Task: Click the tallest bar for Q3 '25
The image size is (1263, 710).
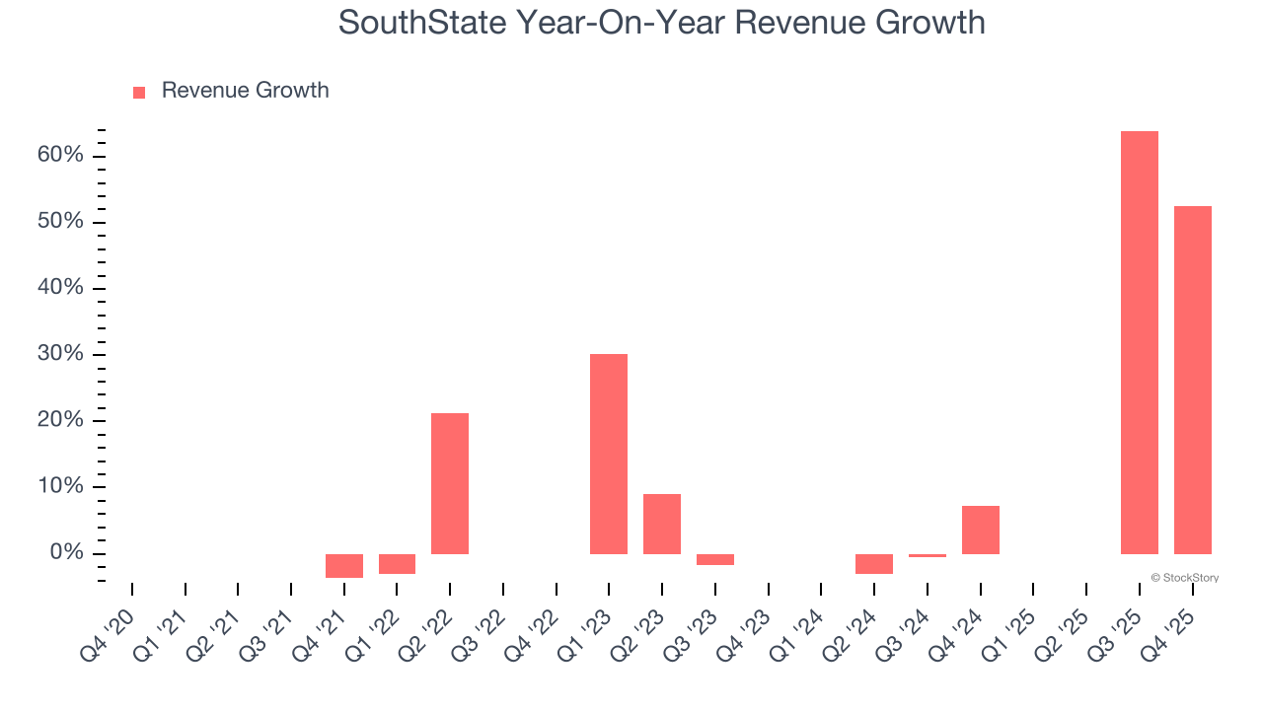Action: pyautogui.click(x=1139, y=342)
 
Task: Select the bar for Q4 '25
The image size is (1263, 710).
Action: pyautogui.click(x=1192, y=380)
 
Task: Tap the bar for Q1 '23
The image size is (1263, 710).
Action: pyautogui.click(x=609, y=454)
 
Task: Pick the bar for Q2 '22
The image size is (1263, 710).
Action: pyautogui.click(x=450, y=483)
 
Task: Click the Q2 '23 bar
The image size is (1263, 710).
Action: pyautogui.click(x=662, y=524)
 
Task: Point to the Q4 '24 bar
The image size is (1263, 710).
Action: pyautogui.click(x=980, y=530)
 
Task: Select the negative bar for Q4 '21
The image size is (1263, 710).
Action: pyautogui.click(x=343, y=565)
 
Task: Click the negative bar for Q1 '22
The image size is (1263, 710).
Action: pyautogui.click(x=397, y=563)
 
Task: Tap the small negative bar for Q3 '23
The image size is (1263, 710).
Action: pyautogui.click(x=714, y=559)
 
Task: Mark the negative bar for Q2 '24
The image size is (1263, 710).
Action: pyautogui.click(x=873, y=563)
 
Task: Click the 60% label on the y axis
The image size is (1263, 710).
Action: pyautogui.click(x=59, y=156)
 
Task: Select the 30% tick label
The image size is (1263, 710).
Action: pyautogui.click(x=59, y=355)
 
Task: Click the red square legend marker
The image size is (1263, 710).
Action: pyautogui.click(x=139, y=92)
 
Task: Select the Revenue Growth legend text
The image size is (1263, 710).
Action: pyautogui.click(x=245, y=91)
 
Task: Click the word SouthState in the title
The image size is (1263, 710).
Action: pyautogui.click(x=418, y=22)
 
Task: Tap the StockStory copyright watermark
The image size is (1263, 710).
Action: pyautogui.click(x=1184, y=578)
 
